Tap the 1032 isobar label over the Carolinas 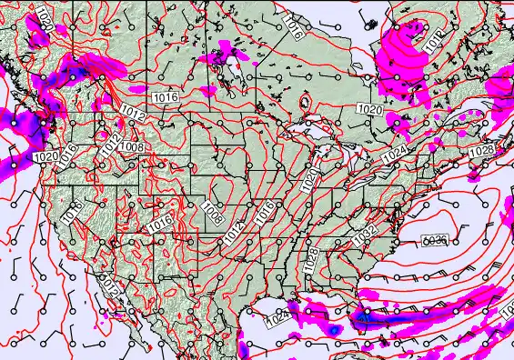tap(367, 234)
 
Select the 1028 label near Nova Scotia tap(482, 150)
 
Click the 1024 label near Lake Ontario tap(394, 155)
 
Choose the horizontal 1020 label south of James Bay tap(370, 109)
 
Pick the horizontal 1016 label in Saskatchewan tap(165, 96)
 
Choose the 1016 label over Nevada tap(74, 211)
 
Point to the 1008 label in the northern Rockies tap(133, 145)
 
